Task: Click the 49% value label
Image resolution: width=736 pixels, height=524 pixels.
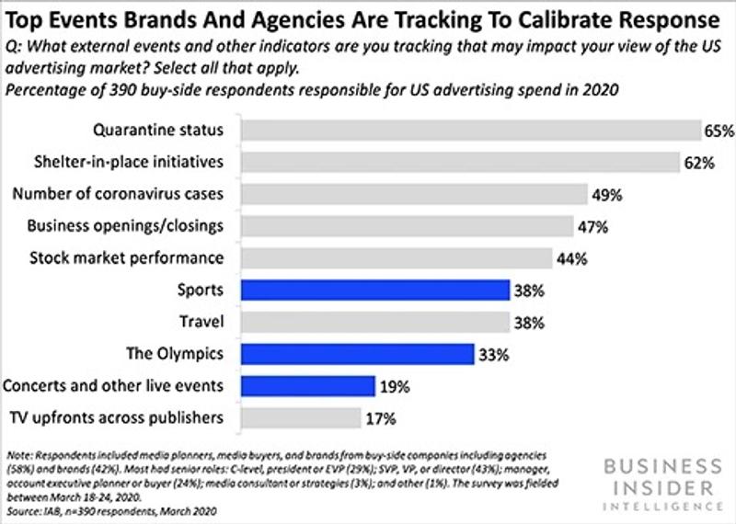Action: pyautogui.click(x=611, y=194)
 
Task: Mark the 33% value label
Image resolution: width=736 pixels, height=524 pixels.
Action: pyautogui.click(x=496, y=353)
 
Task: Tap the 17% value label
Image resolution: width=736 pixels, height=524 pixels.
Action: pyautogui.click(x=382, y=417)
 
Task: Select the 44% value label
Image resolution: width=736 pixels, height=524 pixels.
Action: pyautogui.click(x=575, y=258)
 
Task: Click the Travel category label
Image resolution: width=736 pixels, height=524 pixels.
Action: pyautogui.click(x=203, y=322)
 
